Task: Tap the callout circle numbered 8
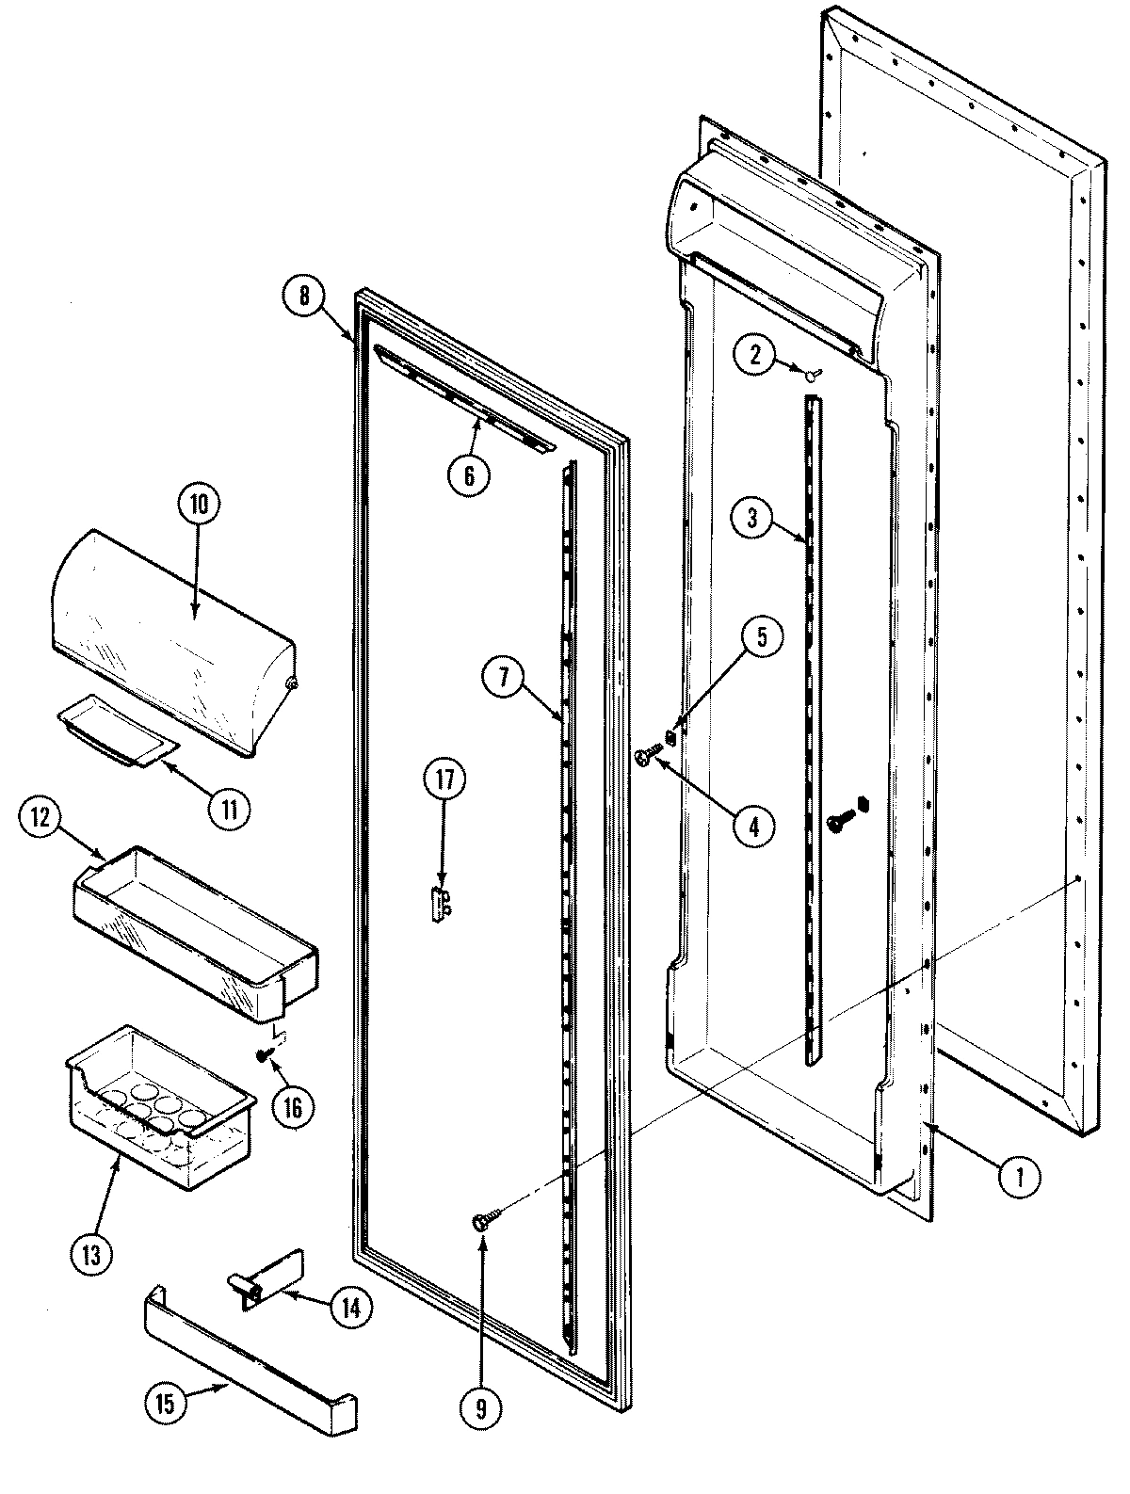[303, 295]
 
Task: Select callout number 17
[444, 780]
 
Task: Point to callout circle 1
[1021, 1176]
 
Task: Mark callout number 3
[752, 520]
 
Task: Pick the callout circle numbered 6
[468, 475]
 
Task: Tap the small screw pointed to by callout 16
[263, 1055]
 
